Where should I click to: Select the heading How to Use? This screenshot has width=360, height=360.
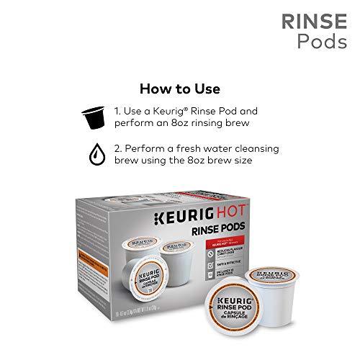(180, 89)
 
